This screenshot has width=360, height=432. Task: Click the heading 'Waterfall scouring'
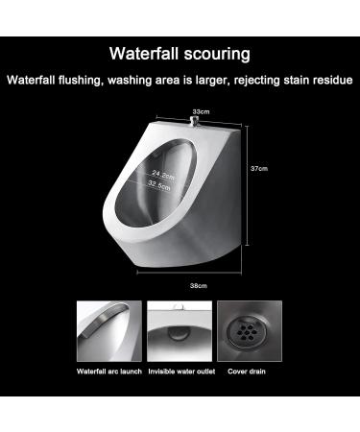click(x=180, y=54)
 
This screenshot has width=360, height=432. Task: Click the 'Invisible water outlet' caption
click(x=180, y=371)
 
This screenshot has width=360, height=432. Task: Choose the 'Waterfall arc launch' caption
click(x=109, y=371)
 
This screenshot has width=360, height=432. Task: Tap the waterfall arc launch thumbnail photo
click(x=109, y=331)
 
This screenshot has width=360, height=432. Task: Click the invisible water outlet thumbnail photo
click(x=180, y=331)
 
